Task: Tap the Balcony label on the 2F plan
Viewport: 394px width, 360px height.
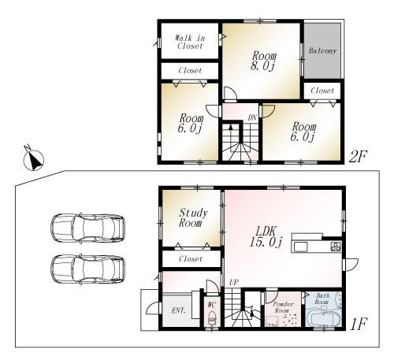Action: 322,51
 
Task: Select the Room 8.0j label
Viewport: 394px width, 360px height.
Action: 263,61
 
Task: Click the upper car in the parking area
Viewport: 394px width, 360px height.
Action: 87,229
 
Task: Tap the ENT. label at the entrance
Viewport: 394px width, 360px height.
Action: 178,310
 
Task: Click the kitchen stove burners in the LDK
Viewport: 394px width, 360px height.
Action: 336,247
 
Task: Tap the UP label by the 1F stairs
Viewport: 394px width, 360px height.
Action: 234,282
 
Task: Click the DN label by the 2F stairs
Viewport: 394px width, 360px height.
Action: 251,117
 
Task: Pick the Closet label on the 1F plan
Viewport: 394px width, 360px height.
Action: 191,258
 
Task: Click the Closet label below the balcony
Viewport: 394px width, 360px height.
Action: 322,91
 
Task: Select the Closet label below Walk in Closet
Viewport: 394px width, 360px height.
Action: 189,71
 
